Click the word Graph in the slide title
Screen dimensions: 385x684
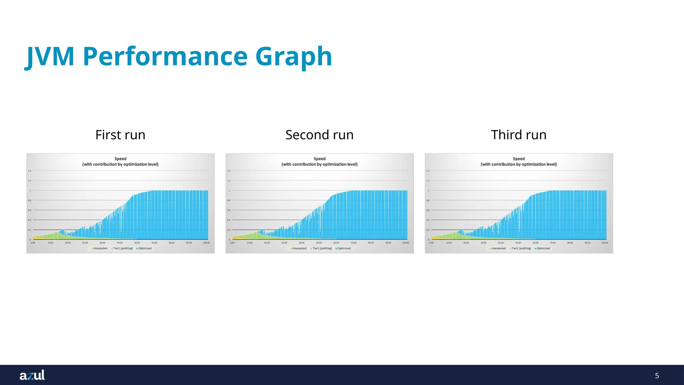coord(294,57)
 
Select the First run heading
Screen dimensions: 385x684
coord(120,135)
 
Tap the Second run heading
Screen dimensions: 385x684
coord(319,135)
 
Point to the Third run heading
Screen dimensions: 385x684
coord(519,135)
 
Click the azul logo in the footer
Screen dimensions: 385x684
coord(32,375)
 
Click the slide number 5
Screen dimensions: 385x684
coord(657,376)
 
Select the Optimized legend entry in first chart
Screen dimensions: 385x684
coord(144,248)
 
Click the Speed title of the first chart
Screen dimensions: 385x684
coord(120,159)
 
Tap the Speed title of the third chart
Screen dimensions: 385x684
coord(519,159)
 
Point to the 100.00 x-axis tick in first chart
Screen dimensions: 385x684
coord(206,243)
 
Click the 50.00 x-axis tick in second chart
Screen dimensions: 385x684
coord(319,243)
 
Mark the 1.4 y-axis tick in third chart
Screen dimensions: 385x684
coord(428,171)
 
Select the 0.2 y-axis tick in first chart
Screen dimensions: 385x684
coord(29,230)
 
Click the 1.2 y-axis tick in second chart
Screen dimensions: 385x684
coord(229,181)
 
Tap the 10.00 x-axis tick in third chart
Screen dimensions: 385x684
coord(449,243)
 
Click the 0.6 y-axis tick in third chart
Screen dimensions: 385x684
coord(428,210)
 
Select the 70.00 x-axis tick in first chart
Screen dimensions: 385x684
coord(154,243)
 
